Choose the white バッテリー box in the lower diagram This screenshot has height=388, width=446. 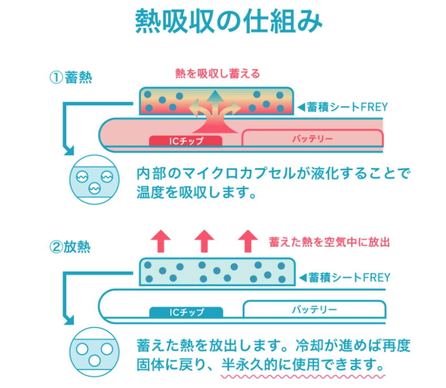(x=314, y=310)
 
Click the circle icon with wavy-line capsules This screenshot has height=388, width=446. (x=92, y=180)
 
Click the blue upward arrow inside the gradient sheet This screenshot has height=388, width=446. (x=214, y=101)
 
